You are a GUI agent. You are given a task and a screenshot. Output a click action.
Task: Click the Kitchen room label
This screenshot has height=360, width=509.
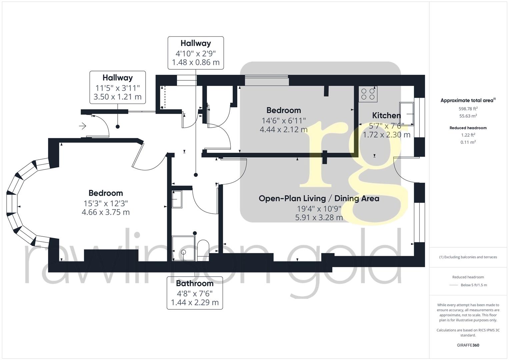click(386, 116)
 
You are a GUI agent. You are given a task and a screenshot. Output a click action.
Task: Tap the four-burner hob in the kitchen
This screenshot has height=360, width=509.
click(368, 94)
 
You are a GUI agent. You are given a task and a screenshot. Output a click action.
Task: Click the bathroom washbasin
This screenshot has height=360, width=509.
click(177, 199)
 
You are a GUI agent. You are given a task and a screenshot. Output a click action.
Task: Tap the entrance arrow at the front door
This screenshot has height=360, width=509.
click(82, 126)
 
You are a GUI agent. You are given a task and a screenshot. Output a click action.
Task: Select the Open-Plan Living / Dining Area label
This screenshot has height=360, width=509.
click(319, 199)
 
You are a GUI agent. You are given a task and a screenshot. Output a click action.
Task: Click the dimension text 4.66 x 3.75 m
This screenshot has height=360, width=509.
click(106, 212)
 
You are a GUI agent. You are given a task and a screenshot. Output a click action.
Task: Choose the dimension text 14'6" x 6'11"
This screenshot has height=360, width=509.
click(284, 120)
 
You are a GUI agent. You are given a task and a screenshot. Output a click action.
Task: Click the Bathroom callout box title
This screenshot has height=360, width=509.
click(195, 284)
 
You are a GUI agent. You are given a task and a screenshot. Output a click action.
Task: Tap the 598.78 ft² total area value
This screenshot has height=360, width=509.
click(468, 109)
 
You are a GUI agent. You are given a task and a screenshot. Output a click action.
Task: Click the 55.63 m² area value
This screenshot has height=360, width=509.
click(468, 116)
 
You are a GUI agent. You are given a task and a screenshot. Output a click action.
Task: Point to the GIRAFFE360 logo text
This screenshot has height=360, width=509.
click(468, 345)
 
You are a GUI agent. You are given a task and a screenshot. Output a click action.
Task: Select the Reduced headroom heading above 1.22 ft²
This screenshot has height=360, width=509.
click(468, 128)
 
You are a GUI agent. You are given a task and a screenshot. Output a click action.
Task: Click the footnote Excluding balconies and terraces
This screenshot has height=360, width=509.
click(468, 257)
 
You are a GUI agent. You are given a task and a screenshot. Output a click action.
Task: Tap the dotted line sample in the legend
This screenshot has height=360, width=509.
click(454, 285)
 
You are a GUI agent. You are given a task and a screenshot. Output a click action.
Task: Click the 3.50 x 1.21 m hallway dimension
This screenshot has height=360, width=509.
click(117, 97)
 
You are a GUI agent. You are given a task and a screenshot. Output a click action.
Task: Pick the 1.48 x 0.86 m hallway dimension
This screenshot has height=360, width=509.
click(196, 62)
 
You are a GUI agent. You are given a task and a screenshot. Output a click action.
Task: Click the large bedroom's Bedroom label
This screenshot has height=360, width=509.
click(106, 193)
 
